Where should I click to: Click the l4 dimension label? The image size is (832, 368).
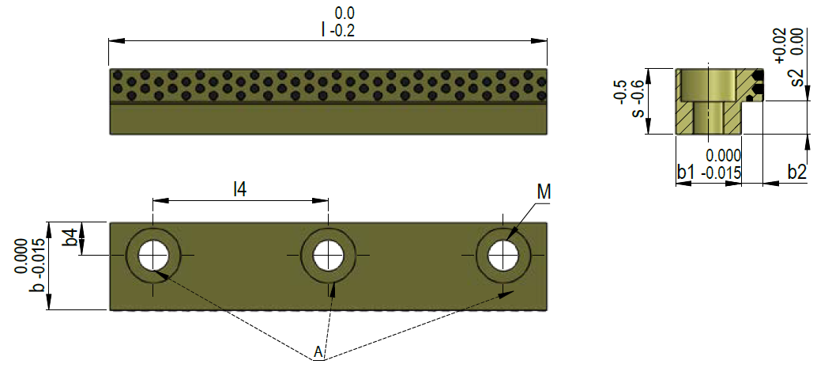pyautogui.click(x=239, y=188)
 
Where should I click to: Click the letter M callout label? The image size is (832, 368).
pyautogui.click(x=544, y=192)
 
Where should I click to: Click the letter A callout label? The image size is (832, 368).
pyautogui.click(x=318, y=352)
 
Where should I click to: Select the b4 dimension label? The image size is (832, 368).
pyautogui.click(x=70, y=237)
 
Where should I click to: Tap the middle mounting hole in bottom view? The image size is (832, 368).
pyautogui.click(x=328, y=256)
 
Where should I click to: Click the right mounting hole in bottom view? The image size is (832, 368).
pyautogui.click(x=503, y=256)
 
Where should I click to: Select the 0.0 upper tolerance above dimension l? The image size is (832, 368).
pyautogui.click(x=345, y=13)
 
